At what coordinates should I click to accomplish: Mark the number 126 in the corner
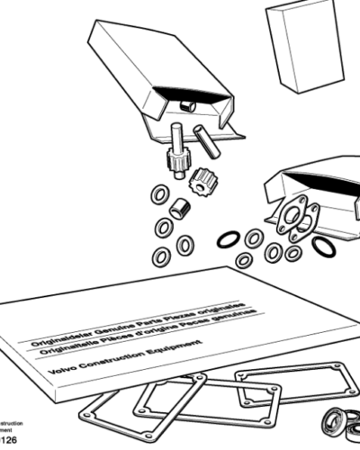(x=8, y=441)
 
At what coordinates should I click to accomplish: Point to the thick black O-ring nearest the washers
(x=229, y=239)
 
